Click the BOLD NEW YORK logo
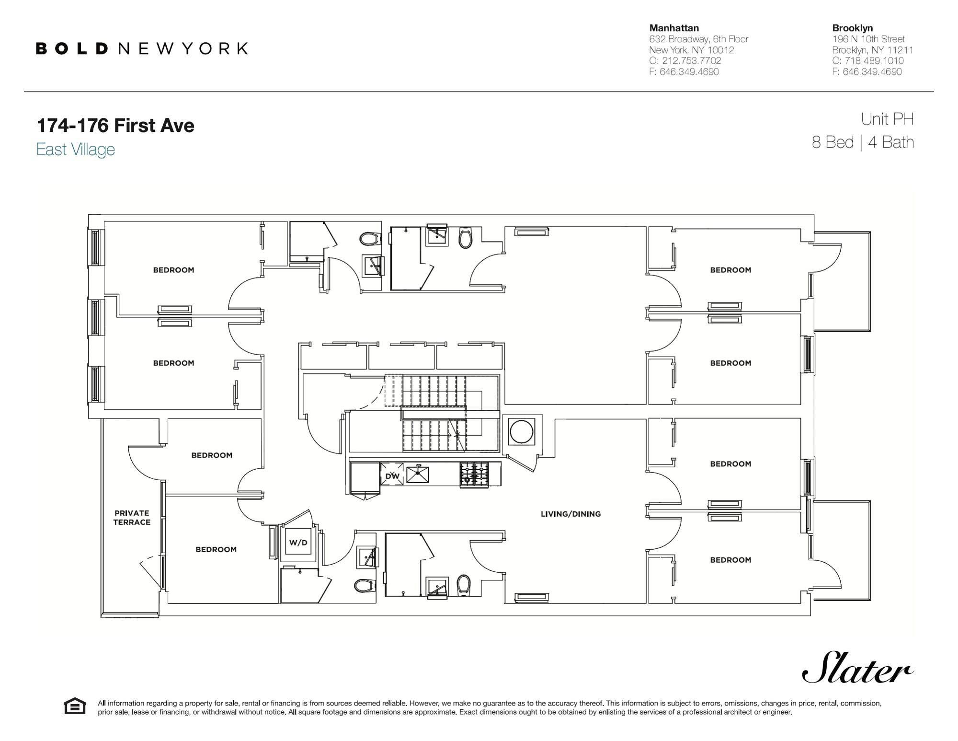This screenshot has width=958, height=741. coord(142,48)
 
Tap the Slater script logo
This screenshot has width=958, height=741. coord(857,668)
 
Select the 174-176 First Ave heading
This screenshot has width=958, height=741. coord(115,126)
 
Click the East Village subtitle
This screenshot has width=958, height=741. coord(76,150)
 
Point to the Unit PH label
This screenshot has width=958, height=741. coord(887,119)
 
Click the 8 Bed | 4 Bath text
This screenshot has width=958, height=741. coord(863,142)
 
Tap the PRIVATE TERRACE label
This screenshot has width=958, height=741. coord(132,518)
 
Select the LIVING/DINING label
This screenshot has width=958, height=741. coord(570,514)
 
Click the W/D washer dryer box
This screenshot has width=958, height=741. coord(298,543)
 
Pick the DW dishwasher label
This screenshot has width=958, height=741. coord(392,476)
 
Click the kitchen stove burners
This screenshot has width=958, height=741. coord(474,475)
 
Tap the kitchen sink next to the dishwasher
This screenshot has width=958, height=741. coord(418,475)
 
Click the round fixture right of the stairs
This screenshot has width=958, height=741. coord(522,431)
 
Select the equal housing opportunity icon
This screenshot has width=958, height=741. coord(75,706)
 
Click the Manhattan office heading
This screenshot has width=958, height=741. coord(674,28)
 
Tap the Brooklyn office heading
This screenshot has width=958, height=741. coord(852,28)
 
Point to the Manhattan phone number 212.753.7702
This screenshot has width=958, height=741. coord(691,61)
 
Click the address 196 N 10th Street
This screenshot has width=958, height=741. coord(868,39)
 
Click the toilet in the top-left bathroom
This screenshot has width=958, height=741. coord(370,238)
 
